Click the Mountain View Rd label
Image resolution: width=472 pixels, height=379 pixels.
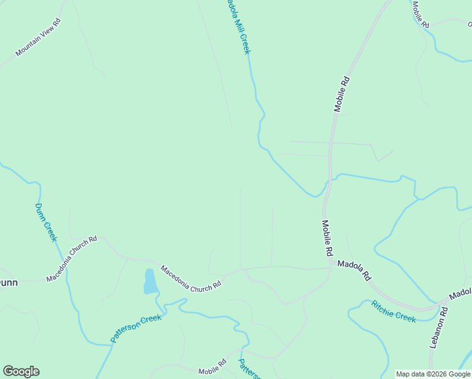click(38, 37)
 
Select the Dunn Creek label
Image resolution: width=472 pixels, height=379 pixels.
click(46, 222)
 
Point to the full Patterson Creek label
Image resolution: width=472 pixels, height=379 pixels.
click(136, 328)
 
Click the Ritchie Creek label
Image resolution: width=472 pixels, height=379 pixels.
click(393, 311)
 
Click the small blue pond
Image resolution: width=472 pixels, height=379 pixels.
click(150, 282)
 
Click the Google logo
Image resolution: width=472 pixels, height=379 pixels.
click(21, 371)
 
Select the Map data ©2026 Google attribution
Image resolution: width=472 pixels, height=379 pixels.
click(433, 374)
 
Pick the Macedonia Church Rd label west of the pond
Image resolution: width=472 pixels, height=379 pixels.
click(71, 258)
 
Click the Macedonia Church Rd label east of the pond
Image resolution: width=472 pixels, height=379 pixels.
click(191, 277)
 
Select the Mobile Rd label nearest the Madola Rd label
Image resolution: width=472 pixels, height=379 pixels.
click(327, 238)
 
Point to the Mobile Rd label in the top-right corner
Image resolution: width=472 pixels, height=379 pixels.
click(420, 14)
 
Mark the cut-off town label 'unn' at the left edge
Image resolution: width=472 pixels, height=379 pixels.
click(8, 282)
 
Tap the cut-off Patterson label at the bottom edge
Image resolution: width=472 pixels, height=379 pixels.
click(249, 370)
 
